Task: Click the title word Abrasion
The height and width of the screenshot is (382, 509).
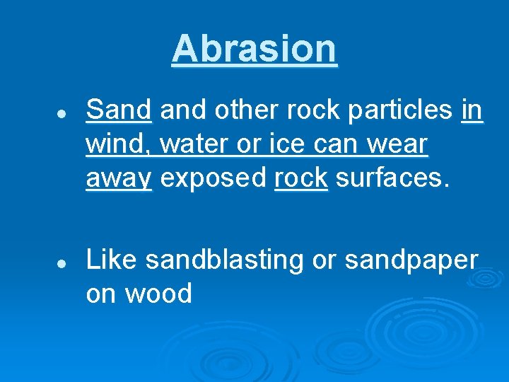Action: pyautogui.click(x=255, y=49)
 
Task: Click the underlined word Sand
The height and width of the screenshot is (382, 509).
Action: pyautogui.click(x=119, y=110)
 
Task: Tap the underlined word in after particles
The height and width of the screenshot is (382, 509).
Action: pyautogui.click(x=472, y=110)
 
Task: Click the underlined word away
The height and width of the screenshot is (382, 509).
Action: pyautogui.click(x=119, y=180)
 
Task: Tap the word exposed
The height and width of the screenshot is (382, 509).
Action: pyautogui.click(x=213, y=180)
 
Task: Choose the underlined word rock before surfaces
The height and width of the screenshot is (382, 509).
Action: pyautogui.click(x=300, y=178)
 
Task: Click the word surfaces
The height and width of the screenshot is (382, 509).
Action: pyautogui.click(x=392, y=178)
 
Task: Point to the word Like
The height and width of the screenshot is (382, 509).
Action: pyautogui.click(x=111, y=260)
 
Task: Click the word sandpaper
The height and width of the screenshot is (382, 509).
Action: pyautogui.click(x=411, y=260)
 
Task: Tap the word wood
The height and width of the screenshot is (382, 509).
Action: pyautogui.click(x=159, y=293)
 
